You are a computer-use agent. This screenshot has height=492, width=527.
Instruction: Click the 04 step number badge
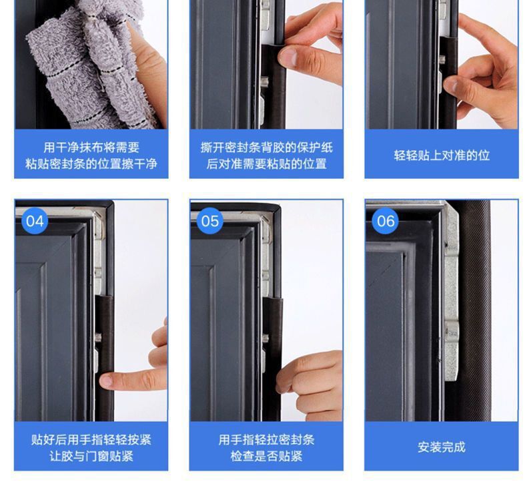pos(35,221)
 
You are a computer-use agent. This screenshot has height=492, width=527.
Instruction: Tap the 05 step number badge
pos(210,221)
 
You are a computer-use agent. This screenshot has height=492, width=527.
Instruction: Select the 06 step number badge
pos(386,221)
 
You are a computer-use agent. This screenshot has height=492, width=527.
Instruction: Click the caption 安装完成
pos(442,447)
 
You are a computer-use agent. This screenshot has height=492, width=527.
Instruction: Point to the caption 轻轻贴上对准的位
pos(442,156)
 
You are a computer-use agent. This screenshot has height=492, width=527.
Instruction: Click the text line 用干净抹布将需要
pos(91,148)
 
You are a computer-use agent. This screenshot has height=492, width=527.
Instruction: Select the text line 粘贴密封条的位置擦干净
pos(91,164)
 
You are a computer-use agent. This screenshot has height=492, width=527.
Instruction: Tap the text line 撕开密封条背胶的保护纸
pos(267,148)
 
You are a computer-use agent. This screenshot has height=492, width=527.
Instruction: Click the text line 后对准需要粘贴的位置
pos(267,164)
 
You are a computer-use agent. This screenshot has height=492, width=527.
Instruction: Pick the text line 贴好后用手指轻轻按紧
pos(91,439)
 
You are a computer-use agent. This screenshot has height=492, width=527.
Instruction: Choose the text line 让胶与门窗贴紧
pos(91,456)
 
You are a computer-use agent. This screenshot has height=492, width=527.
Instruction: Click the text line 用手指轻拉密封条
pos(267,439)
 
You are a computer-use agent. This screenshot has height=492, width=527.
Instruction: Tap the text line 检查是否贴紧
pos(267,456)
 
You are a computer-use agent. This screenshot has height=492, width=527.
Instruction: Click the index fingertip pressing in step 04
pos(106,381)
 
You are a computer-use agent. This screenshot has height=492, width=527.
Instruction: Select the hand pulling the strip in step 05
pos(310,385)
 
